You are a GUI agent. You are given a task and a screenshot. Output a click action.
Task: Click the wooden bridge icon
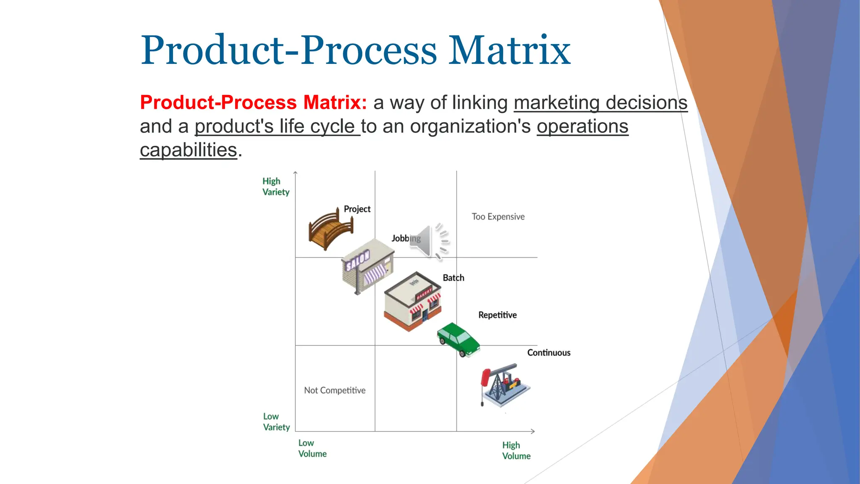[330, 229]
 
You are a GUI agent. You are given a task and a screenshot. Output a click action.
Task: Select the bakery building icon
[412, 301]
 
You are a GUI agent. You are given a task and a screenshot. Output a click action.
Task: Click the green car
[458, 339]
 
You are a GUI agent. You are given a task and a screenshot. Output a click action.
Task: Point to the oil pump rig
[504, 385]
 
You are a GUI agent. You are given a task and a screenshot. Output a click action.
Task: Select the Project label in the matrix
[357, 209]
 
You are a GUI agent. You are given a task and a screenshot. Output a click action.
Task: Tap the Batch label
[454, 278]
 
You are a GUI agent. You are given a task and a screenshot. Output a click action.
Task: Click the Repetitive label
[497, 315]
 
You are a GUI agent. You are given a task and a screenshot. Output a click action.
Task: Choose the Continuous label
[548, 352]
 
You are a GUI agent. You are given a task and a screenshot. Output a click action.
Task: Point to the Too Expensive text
[498, 217]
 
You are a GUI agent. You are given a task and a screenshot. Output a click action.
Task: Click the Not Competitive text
[335, 390]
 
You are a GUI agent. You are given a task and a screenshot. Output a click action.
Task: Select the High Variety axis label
[275, 187]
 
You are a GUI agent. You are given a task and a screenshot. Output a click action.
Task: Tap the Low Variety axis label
[276, 422]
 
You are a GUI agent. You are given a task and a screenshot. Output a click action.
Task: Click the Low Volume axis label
[312, 448]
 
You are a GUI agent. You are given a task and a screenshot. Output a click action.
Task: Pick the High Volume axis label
[516, 450]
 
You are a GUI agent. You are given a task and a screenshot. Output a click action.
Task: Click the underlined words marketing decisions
[600, 103]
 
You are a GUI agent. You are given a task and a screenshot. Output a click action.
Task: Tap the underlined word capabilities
[189, 150]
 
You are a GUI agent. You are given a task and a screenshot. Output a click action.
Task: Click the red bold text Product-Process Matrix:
[253, 103]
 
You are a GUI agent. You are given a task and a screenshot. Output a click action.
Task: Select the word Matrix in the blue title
[509, 50]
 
